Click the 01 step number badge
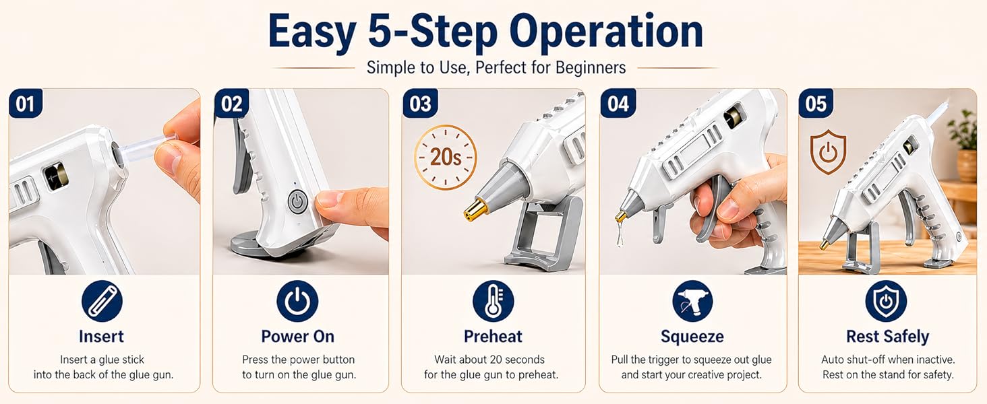[26, 104]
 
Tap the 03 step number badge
[420, 104]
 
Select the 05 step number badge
[816, 104]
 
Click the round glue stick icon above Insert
[102, 301]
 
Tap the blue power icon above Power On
[297, 301]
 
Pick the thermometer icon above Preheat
[493, 301]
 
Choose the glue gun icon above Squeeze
[692, 301]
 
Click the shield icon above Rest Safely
[886, 301]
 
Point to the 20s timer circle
[446, 157]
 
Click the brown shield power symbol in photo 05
[829, 151]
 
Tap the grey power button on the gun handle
[297, 202]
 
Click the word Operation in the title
[606, 32]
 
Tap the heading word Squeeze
[692, 337]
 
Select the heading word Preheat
[493, 336]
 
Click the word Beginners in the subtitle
[591, 68]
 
